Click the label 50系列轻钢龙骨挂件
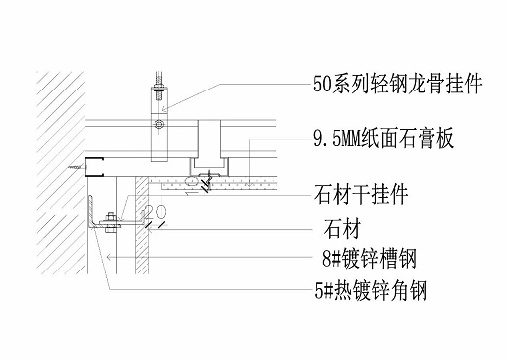tap(398, 85)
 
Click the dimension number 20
tap(154, 214)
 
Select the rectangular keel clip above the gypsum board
tap(209, 139)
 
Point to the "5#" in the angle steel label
tap(316, 291)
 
